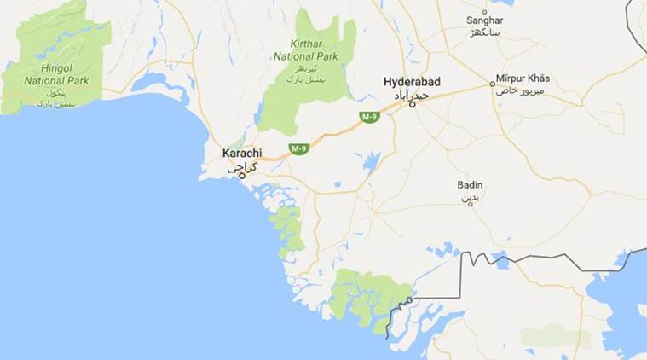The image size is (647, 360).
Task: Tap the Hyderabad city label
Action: point(412,81)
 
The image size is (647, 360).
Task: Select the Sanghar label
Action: point(485,20)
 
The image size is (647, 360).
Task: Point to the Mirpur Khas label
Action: point(523,78)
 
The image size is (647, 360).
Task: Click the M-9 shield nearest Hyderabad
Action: point(369,117)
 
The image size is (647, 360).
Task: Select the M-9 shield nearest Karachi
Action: point(298,149)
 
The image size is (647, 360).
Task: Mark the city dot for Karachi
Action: point(242,176)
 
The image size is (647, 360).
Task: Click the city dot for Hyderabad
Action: point(413,105)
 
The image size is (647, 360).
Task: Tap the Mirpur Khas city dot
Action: point(492,84)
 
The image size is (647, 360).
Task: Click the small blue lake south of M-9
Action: point(371,161)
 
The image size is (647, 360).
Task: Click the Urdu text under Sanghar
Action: point(485,32)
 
